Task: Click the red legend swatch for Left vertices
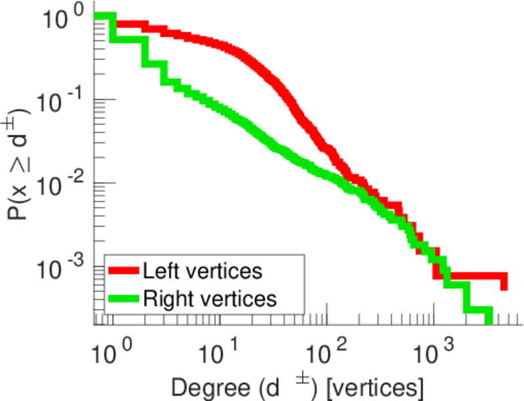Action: (x=124, y=271)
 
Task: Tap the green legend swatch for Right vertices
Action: (x=124, y=299)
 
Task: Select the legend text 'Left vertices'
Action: (x=202, y=271)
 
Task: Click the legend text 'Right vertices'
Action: (x=209, y=299)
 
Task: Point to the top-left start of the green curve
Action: (x=98, y=17)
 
